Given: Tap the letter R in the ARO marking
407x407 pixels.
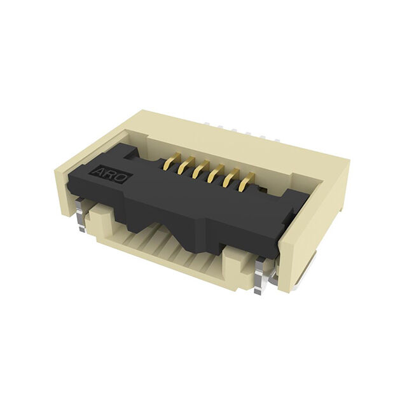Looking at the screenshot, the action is [109, 176].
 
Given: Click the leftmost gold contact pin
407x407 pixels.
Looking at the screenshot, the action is [172, 160].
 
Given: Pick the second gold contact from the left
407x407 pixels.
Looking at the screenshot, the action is [186, 165].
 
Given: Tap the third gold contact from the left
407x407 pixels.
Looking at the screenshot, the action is [201, 169].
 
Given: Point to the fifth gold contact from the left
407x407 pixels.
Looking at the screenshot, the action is [231, 178].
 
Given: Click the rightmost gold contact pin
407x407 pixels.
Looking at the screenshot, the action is [247, 183].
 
